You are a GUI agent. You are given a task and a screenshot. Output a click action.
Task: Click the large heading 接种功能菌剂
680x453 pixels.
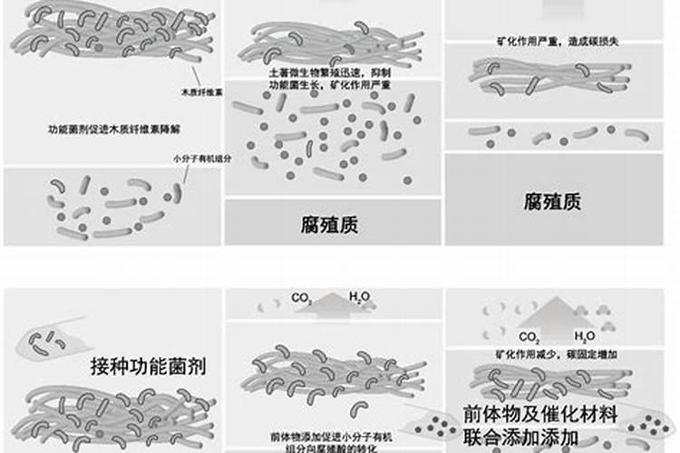pyautogui.click(x=149, y=367)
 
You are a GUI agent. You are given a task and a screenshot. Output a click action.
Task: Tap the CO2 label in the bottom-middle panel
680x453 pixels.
pyautogui.click(x=300, y=297)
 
